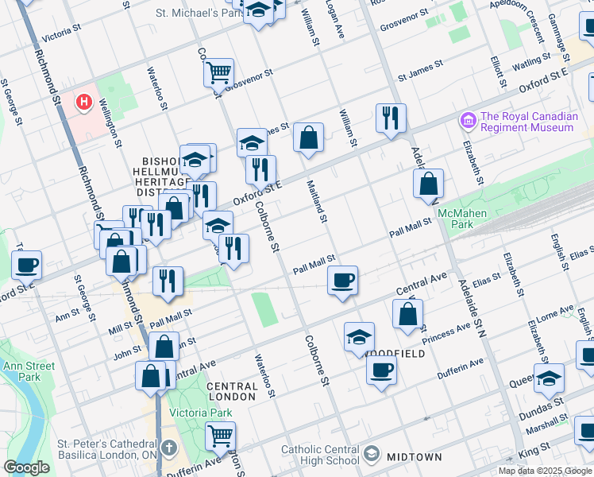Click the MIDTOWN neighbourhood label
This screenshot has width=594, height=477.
[414, 456]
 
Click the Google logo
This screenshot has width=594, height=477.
[27, 467]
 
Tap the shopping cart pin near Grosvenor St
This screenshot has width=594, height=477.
[218, 73]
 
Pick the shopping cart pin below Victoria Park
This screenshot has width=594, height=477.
[220, 436]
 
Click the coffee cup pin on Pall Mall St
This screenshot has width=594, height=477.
[342, 281]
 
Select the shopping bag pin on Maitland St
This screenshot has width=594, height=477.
[308, 138]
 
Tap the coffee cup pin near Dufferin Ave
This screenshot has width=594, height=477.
[381, 370]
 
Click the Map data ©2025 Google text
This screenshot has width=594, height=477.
[545, 470]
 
